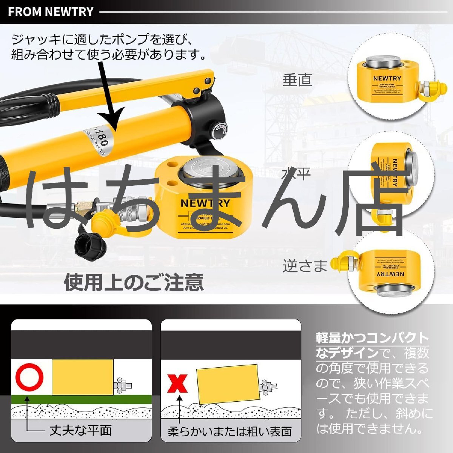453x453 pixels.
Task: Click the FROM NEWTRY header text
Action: click(x=51, y=12)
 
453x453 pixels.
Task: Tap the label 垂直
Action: click(x=297, y=80)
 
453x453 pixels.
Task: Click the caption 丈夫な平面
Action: click(x=81, y=430)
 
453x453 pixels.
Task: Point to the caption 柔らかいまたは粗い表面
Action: click(x=230, y=431)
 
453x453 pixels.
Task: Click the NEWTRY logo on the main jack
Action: click(x=205, y=203)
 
